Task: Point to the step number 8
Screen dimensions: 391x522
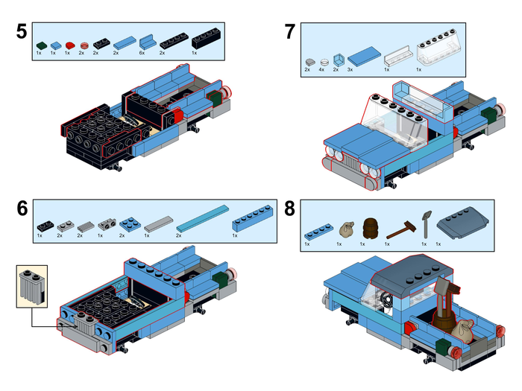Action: (x=290, y=209)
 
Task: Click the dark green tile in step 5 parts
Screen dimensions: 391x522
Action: (x=40, y=45)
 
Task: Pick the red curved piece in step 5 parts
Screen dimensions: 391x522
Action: (x=69, y=45)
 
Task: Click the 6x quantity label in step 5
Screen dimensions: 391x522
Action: (x=142, y=54)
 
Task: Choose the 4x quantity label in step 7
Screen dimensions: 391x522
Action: (x=322, y=69)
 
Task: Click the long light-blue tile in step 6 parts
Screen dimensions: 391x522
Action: (x=199, y=220)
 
